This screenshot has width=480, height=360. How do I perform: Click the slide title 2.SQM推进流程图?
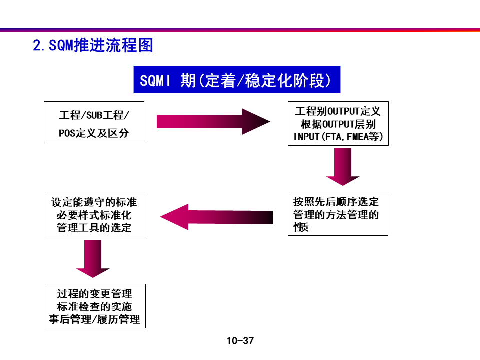[93, 46]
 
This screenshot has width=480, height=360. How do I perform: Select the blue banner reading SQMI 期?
[236, 80]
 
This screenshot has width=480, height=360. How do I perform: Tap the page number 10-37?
[240, 341]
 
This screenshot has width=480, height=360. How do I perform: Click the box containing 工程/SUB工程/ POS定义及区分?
[94, 122]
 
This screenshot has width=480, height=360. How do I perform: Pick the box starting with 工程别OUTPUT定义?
[338, 124]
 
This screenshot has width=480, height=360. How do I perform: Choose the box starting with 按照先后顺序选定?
[338, 214]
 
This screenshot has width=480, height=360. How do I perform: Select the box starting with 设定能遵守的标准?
[94, 214]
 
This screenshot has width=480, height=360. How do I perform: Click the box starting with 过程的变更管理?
[95, 306]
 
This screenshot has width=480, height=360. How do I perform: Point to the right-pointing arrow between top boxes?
[213, 121]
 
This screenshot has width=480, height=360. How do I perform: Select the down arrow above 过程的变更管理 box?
[93, 258]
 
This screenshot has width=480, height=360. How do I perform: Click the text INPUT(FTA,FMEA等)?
[338, 136]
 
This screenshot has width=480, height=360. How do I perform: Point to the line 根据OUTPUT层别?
[338, 124]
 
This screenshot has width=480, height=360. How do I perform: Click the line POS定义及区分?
[94, 134]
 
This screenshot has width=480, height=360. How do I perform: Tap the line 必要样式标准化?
[94, 215]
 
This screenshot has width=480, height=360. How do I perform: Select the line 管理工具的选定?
[94, 228]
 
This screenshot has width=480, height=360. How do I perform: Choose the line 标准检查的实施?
[95, 306]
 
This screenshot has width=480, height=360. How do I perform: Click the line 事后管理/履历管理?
[95, 319]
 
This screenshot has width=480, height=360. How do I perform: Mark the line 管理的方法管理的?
[336, 215]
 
